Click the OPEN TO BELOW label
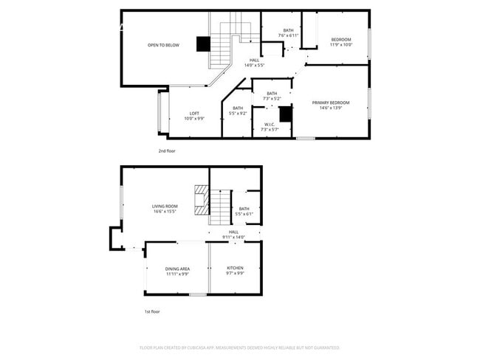tap(163, 45)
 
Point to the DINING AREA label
tap(177, 271)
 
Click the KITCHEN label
tap(235, 271)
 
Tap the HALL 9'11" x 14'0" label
tap(233, 235)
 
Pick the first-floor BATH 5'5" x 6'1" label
tap(244, 211)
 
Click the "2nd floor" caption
tap(167, 150)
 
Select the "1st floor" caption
tap(152, 311)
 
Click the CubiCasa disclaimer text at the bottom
tap(239, 347)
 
